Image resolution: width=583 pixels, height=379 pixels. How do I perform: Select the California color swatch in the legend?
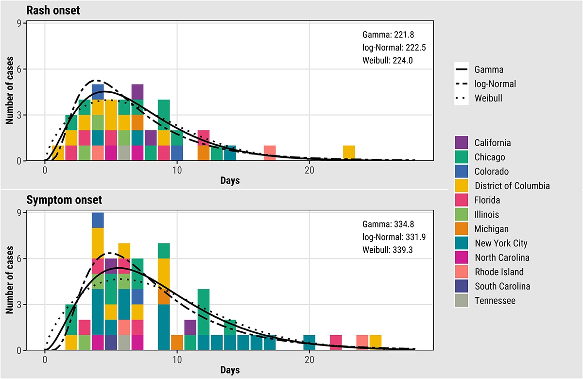[462, 143]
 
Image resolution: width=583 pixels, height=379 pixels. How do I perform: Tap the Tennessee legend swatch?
[462, 301]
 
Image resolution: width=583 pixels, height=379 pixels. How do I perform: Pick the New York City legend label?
[501, 243]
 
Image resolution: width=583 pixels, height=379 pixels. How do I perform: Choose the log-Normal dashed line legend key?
[462, 84]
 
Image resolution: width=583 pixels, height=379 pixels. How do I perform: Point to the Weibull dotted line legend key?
[462, 98]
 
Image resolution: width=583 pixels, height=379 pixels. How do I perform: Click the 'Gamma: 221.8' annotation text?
[388, 35]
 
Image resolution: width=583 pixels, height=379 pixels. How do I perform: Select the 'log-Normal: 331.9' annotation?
[394, 237]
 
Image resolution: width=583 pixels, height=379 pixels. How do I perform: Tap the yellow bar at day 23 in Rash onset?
[349, 153]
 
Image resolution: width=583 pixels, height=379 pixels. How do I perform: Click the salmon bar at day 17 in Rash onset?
[270, 153]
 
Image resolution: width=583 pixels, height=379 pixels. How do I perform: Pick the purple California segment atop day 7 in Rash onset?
[137, 92]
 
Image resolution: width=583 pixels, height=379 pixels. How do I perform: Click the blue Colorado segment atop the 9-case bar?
[98, 220]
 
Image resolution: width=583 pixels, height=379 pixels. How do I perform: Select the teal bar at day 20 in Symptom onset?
[309, 342]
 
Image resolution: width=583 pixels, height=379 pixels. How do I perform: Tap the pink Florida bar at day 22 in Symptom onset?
[336, 342]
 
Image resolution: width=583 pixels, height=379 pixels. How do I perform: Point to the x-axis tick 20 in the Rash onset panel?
[309, 171]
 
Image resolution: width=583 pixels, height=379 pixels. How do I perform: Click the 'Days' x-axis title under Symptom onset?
[230, 370]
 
